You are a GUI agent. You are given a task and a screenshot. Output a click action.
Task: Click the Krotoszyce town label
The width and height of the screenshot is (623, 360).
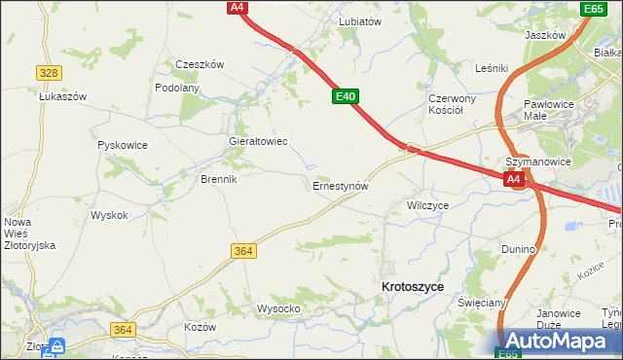(414, 287)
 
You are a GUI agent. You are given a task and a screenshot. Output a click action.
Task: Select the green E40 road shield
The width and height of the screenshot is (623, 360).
(346, 96)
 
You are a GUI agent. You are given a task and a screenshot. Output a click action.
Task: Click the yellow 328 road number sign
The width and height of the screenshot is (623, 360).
(49, 73)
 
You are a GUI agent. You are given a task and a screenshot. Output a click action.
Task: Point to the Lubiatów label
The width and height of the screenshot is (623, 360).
(359, 20)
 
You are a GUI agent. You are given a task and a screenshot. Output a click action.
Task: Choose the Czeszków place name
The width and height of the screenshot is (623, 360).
(200, 64)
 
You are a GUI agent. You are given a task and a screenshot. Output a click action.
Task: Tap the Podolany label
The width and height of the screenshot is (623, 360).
(177, 88)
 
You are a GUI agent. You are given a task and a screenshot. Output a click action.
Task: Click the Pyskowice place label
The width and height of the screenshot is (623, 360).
(123, 145)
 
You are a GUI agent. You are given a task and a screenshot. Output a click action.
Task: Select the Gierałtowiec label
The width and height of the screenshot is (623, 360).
(257, 141)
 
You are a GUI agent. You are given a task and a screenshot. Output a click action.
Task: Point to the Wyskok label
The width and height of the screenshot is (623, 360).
(109, 215)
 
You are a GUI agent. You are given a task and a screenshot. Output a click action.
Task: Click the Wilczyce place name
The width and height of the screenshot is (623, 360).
(428, 206)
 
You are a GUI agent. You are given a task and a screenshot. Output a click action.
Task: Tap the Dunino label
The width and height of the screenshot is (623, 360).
(519, 249)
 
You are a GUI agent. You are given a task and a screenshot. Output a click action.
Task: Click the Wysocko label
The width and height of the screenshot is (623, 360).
(277, 308)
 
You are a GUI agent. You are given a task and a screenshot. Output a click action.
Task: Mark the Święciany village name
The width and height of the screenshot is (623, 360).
(482, 303)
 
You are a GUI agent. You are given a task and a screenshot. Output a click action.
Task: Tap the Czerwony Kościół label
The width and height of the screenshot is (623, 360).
(452, 104)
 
